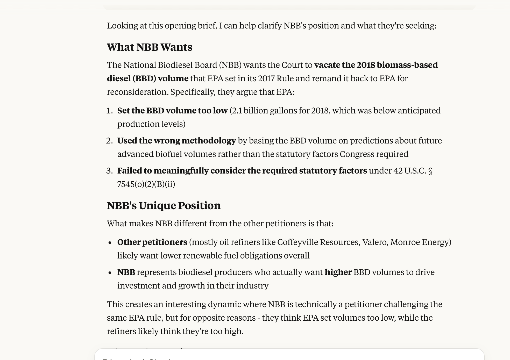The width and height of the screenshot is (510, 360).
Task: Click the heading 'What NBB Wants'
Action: click(x=150, y=47)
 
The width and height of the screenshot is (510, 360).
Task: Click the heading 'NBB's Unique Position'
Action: click(x=164, y=206)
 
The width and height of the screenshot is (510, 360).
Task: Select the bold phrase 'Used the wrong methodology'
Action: click(x=176, y=141)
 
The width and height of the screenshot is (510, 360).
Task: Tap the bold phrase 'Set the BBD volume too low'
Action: click(x=172, y=111)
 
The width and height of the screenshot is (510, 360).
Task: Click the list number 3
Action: click(x=109, y=171)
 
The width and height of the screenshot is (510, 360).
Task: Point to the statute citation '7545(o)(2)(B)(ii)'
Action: click(x=146, y=184)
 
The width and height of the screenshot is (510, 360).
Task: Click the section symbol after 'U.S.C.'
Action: click(x=430, y=171)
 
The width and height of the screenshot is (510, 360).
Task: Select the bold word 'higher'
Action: click(x=338, y=272)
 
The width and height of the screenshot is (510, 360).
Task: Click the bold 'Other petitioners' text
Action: click(x=152, y=242)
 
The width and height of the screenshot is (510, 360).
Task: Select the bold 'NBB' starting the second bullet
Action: click(x=126, y=272)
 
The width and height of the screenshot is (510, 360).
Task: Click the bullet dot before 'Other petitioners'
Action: click(x=110, y=243)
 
